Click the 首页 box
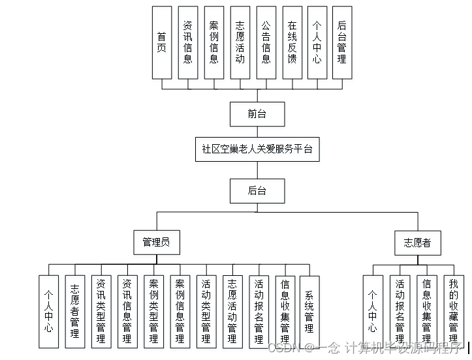[161, 42]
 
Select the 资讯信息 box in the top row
[187, 42]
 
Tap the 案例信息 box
[213, 42]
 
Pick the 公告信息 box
[266, 42]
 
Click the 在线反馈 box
[292, 42]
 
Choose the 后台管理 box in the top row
[341, 42]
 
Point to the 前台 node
[257, 114]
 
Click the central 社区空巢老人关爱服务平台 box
[257, 149]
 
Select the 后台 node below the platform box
[257, 190]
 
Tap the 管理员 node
[156, 242]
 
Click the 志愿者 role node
[418, 243]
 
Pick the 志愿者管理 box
[75, 311]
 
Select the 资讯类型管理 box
[101, 311]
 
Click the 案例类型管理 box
[153, 311]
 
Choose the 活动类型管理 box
[206, 311]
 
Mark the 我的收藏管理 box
[453, 311]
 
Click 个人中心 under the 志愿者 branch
[373, 311]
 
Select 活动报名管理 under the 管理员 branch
[258, 311]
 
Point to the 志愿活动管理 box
[232, 311]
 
